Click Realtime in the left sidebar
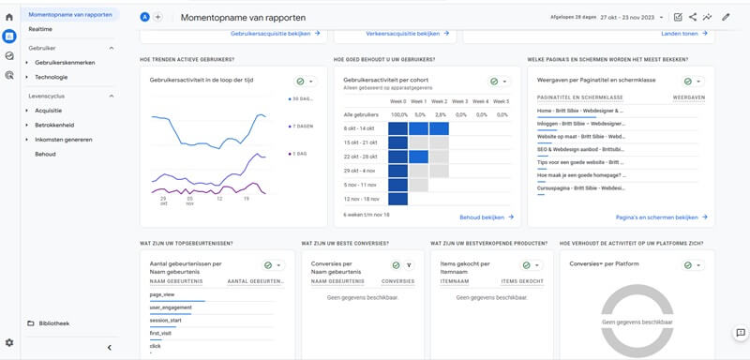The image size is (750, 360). tap(40, 30)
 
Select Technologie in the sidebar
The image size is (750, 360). tap(52, 77)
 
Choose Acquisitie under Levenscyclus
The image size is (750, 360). tap(49, 111)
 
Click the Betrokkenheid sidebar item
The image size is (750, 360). tap(54, 125)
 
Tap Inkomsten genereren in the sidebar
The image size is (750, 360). tap(64, 140)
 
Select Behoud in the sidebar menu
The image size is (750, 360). tap(45, 154)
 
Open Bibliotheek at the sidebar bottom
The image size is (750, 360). tap(53, 323)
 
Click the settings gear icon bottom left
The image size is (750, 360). tap(9, 343)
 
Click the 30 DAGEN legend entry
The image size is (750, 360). tap(302, 98)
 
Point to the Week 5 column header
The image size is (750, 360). tap(501, 101)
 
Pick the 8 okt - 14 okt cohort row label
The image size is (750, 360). tap(360, 127)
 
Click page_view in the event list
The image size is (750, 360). tap(162, 294)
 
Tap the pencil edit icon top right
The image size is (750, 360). tap(726, 17)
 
